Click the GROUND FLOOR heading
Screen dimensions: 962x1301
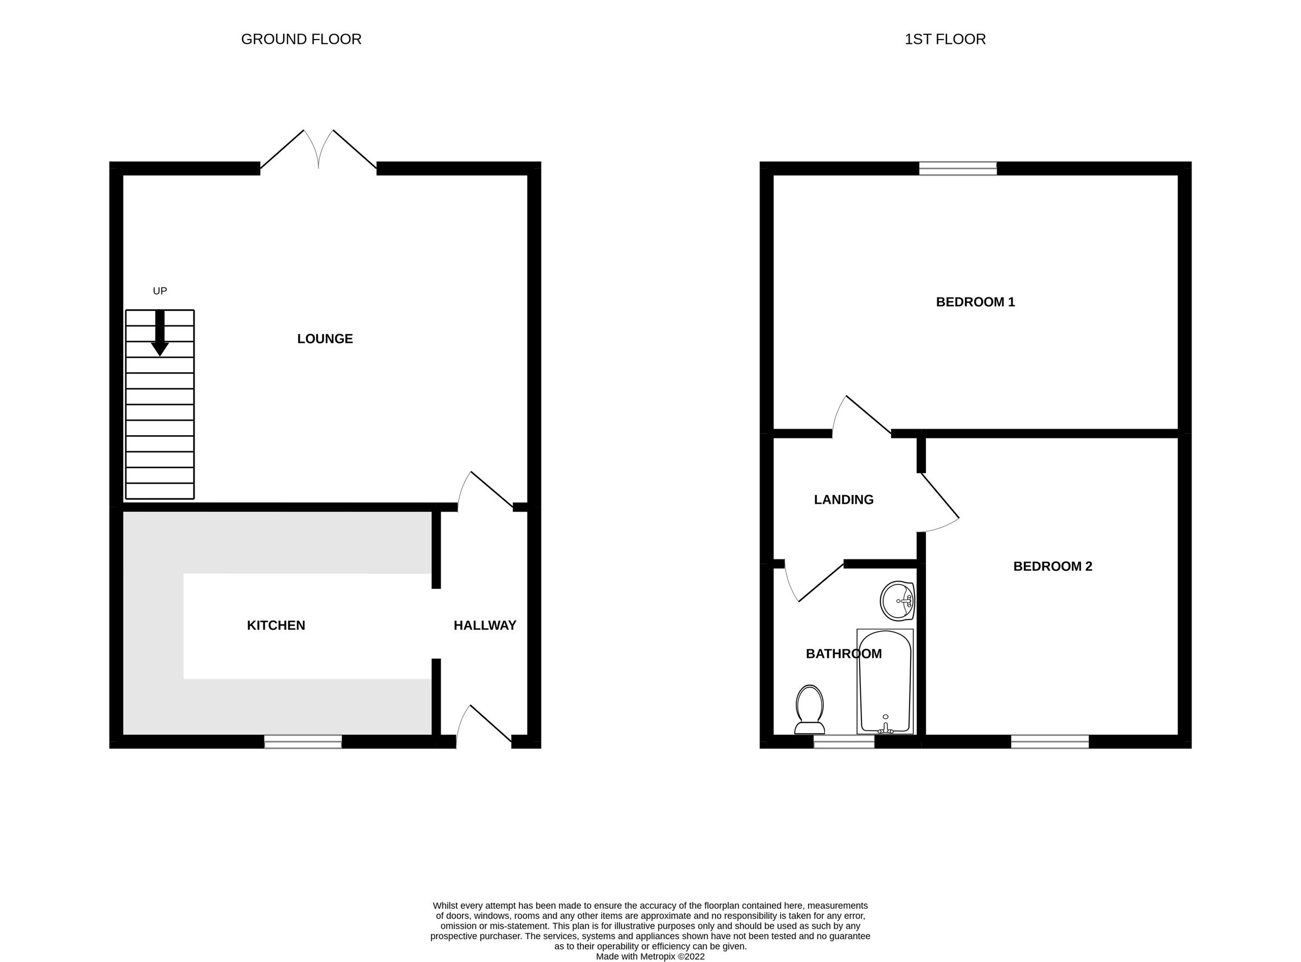click(301, 39)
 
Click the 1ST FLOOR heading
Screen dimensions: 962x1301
click(945, 39)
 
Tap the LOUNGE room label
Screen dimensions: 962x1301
click(325, 339)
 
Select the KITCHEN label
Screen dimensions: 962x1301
click(276, 626)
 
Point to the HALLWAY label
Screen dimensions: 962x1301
click(485, 626)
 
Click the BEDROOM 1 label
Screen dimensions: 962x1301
click(975, 302)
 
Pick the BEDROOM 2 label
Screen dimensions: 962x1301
click(1053, 566)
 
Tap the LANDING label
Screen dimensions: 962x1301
click(843, 500)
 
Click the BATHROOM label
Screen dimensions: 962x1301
click(843, 654)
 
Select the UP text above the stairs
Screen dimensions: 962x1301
click(160, 291)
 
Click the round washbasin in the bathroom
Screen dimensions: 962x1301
click(897, 601)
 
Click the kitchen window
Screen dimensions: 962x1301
click(303, 741)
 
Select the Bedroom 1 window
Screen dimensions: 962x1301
click(958, 169)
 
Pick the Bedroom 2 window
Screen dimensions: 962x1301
click(1049, 741)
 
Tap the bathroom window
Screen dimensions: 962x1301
click(843, 741)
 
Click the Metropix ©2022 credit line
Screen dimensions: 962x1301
click(650, 956)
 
